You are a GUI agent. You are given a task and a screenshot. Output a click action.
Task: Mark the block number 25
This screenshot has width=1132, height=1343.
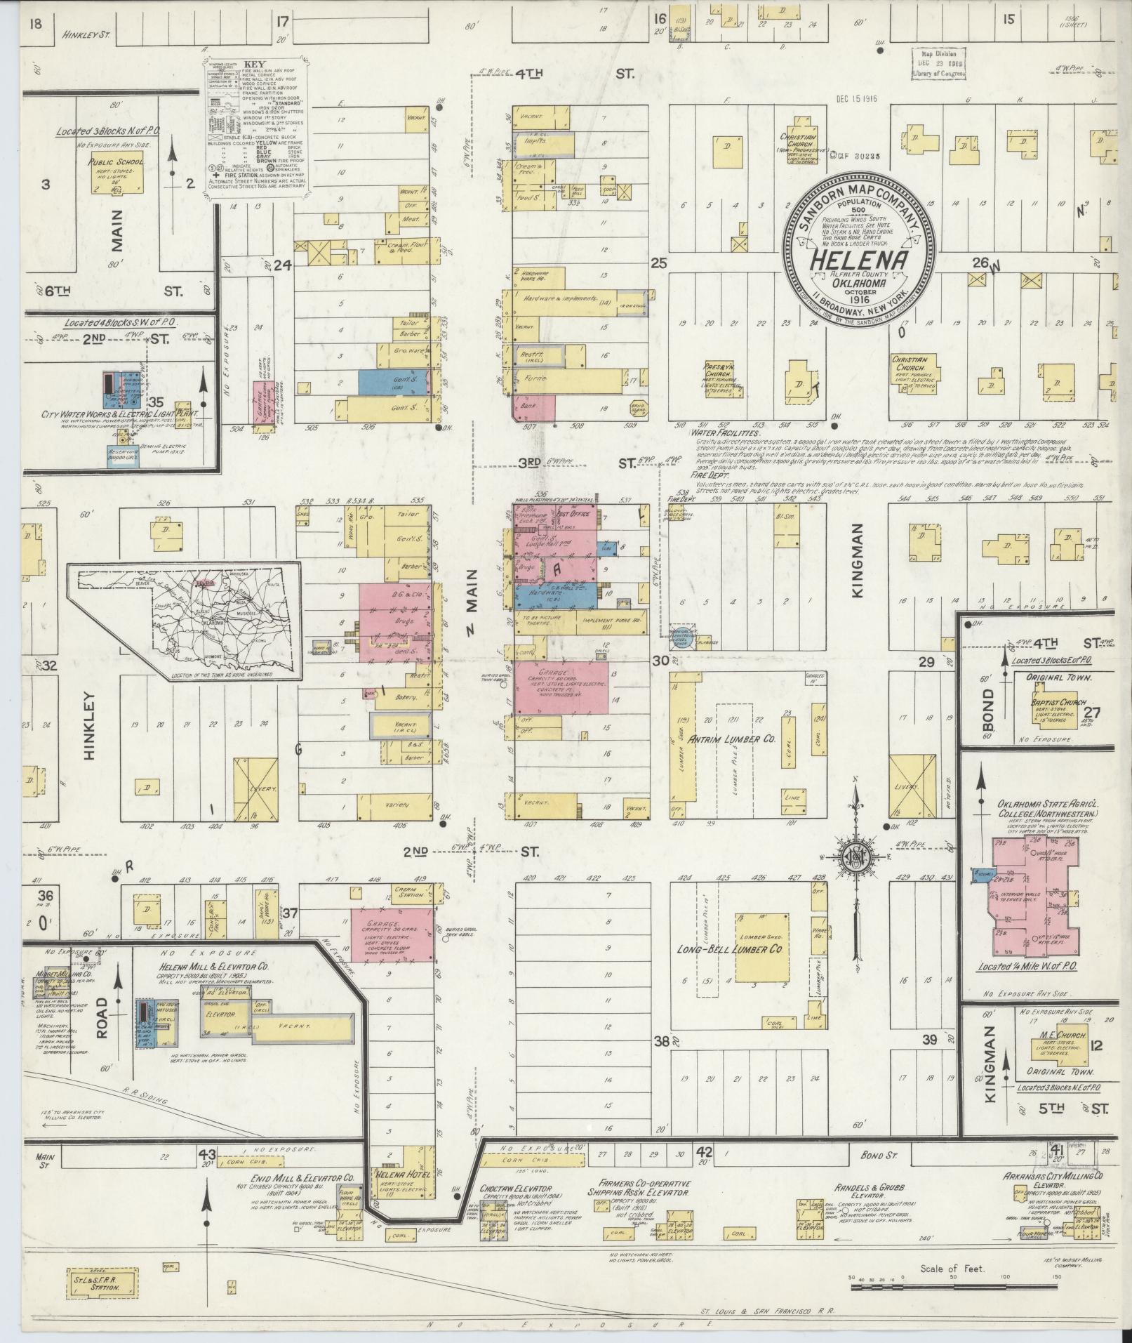(x=658, y=264)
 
